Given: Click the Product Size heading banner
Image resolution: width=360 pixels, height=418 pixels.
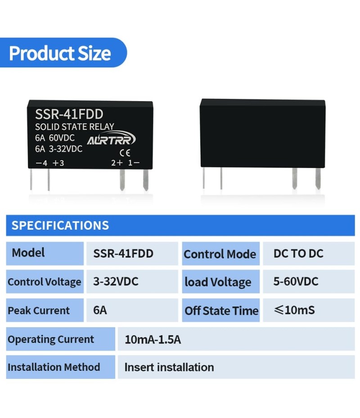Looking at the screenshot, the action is pos(63,53).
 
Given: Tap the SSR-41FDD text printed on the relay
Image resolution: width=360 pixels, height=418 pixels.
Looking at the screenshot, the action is pos(69,114).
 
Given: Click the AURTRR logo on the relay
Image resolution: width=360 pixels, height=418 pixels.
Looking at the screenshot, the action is pos(112,138).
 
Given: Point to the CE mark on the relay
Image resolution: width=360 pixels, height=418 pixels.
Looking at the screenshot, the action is pos(125,153).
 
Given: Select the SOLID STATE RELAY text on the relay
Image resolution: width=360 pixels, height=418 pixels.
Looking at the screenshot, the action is pos(75,127).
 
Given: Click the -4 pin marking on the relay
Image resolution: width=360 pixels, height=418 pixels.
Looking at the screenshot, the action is pos(42,163).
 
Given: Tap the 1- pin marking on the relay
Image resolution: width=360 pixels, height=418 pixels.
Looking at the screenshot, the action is pos(134,163).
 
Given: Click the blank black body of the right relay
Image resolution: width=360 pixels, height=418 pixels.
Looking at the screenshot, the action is pos(263,133).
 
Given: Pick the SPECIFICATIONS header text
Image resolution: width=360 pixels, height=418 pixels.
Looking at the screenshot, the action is pos(60,225).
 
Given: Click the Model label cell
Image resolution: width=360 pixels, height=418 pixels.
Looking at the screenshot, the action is pos(45,253).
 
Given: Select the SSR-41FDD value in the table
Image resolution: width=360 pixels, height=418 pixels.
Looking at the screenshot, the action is pos(123,253).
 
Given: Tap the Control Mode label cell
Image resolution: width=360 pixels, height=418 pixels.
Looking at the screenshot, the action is pos(220,253).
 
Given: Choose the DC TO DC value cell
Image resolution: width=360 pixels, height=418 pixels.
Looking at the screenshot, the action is pos(309,253).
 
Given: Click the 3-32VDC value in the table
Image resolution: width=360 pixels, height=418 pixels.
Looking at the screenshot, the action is pos(116,281).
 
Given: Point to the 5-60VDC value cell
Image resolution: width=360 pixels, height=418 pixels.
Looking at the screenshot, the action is pos(309,281).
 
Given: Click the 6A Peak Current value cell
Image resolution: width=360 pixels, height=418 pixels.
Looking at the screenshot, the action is pos(132,310).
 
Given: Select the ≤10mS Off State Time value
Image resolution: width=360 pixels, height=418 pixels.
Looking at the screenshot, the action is pos(295,310).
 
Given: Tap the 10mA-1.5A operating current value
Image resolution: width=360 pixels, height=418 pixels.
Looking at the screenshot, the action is pos(153,340).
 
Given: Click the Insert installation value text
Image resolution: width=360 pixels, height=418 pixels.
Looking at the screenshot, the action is pos(169,367).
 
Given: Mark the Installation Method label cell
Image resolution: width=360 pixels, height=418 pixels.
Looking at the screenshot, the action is pos(61,367).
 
